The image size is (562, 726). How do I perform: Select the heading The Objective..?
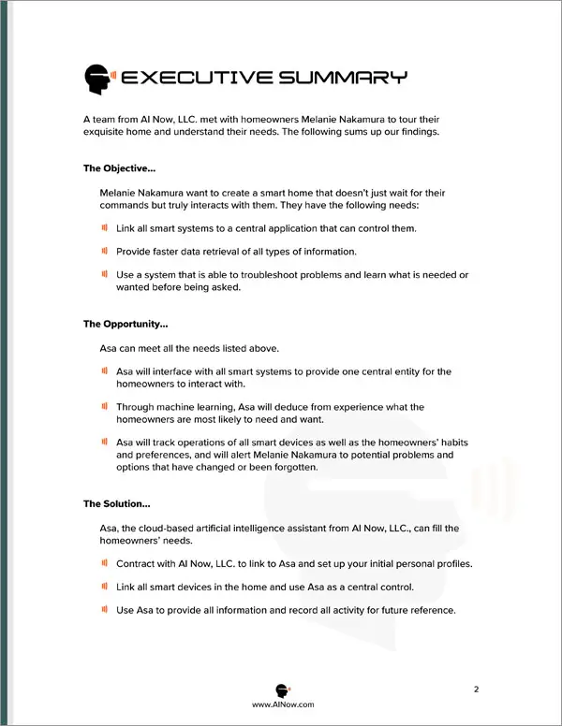pos(118,168)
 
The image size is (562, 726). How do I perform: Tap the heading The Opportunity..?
pos(126,325)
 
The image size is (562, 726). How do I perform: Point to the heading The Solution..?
pos(117,503)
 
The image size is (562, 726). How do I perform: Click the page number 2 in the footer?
pos(476,690)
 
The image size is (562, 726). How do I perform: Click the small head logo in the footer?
pos(281,688)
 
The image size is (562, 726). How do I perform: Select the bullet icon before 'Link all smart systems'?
pos(105,227)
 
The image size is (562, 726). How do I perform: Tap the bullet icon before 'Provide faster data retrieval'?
pos(105,251)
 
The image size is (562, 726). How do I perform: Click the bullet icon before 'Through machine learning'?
pos(105,407)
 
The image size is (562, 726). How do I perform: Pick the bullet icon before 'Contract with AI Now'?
pos(105,563)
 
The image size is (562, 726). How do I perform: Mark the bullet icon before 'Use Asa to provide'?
pos(105,610)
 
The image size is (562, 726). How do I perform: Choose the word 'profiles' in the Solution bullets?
pos(451,564)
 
